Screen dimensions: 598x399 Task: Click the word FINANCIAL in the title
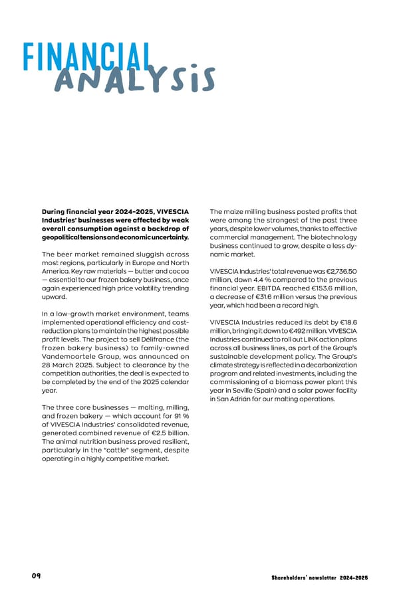[x=87, y=58]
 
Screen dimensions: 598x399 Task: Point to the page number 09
[x=36, y=575]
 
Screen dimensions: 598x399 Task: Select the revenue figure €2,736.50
[x=339, y=271]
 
